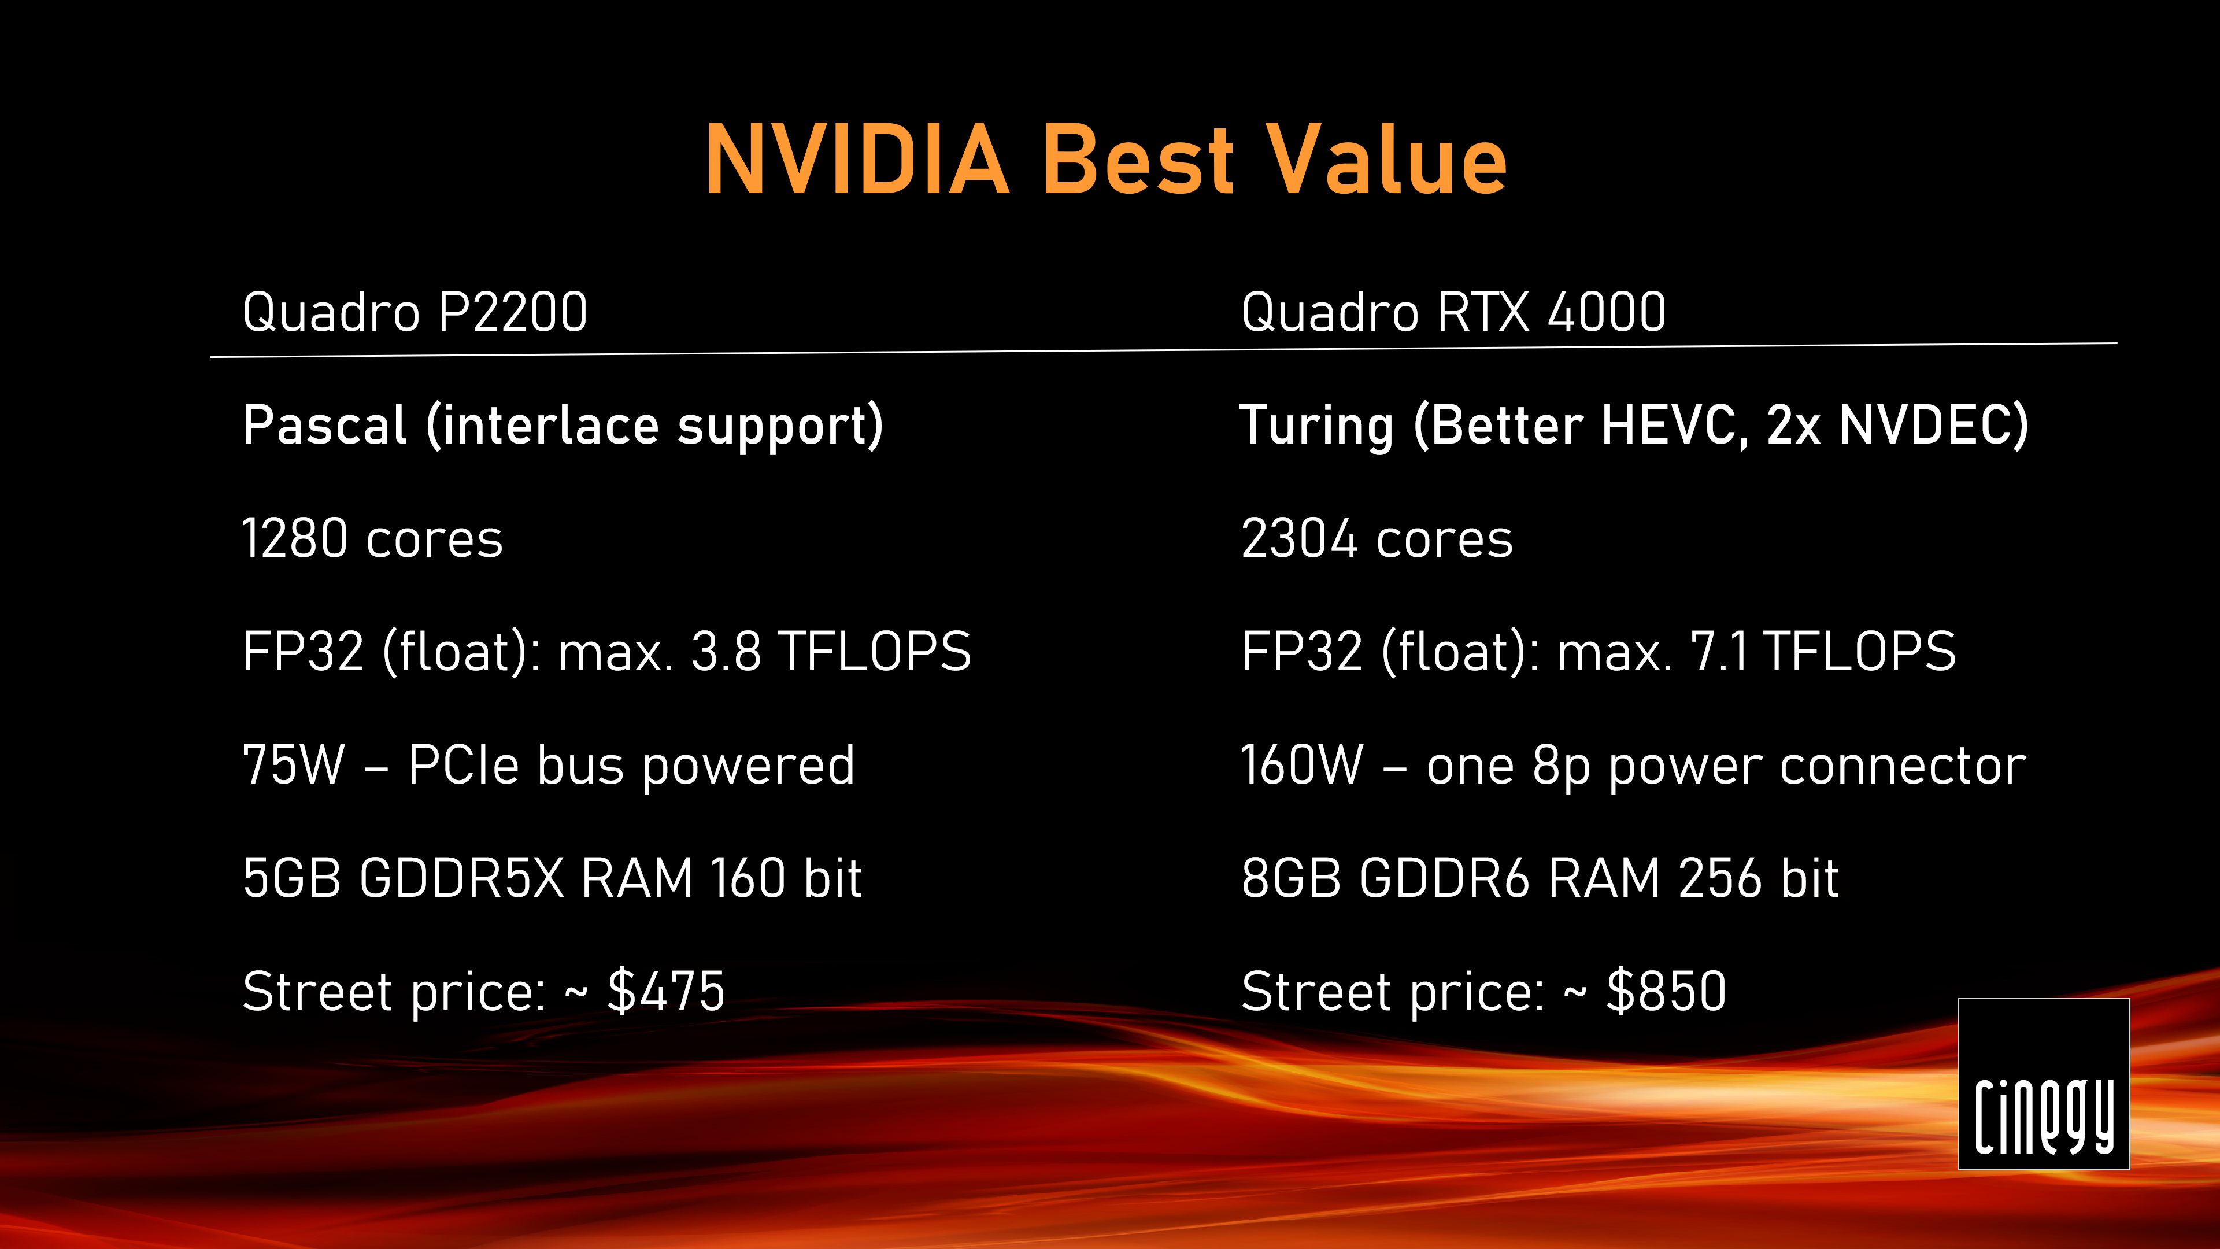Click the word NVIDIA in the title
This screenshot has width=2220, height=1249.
(857, 160)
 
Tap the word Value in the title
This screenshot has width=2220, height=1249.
(1387, 160)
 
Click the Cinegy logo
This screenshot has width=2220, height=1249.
(2043, 1084)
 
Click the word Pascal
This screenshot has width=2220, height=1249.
(324, 425)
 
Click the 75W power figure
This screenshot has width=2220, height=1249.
(293, 764)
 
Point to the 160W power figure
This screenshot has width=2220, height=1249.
(1302, 764)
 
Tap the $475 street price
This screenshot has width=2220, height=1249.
(666, 991)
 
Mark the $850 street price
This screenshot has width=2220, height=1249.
(1666, 991)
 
